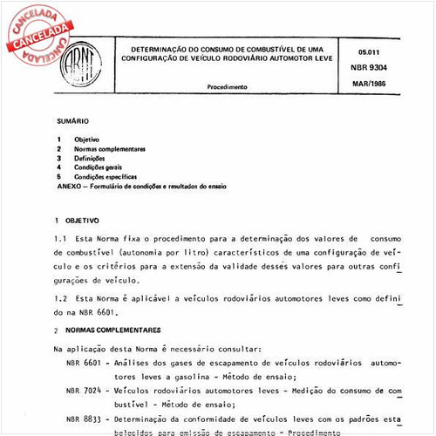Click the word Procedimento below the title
coord(228,87)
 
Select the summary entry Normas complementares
coord(110,149)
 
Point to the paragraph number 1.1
coord(59,238)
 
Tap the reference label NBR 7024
coord(87,392)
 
